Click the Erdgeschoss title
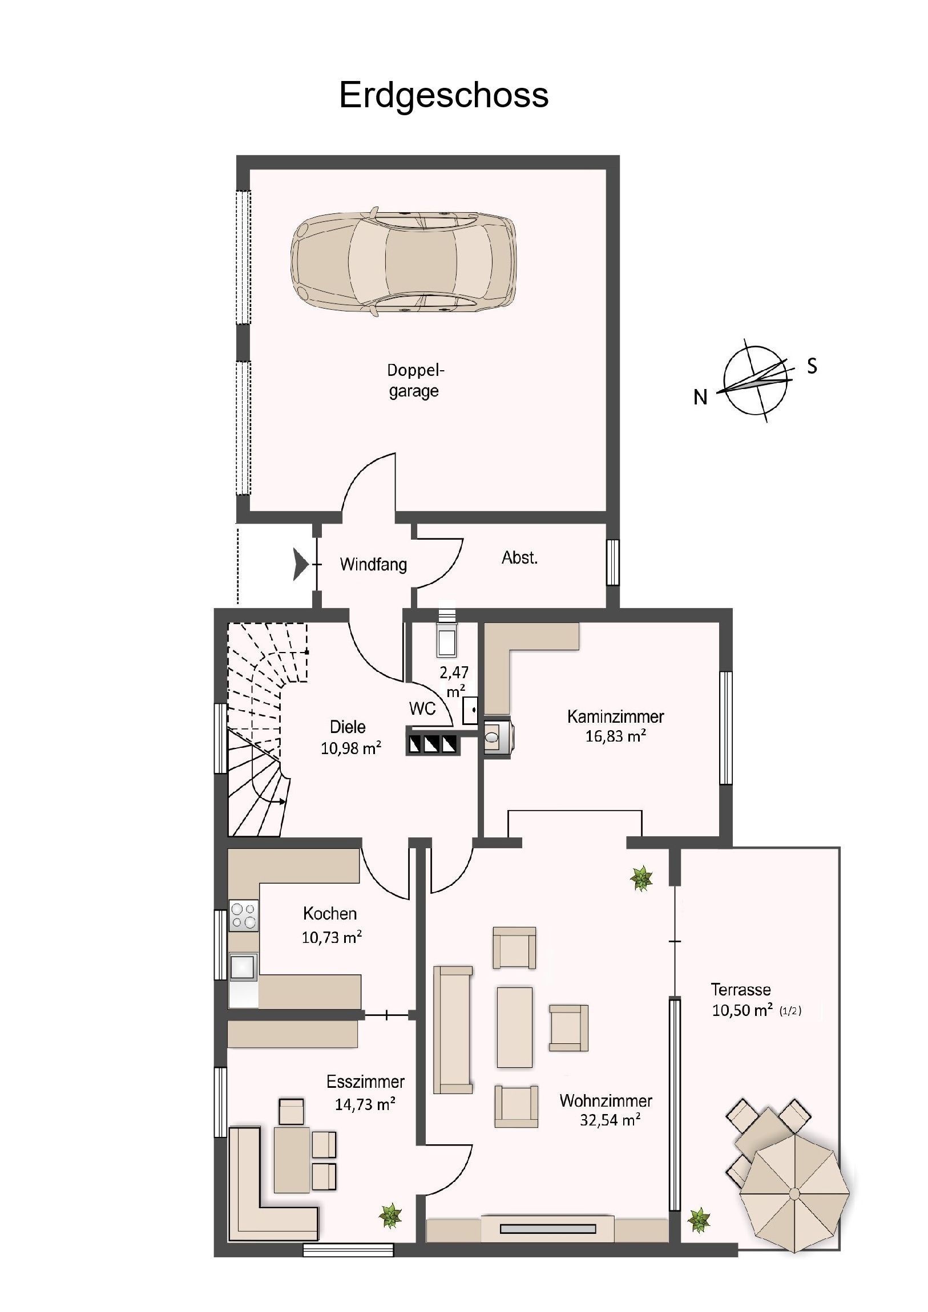(x=443, y=95)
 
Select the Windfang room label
(x=373, y=565)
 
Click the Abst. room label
(x=520, y=558)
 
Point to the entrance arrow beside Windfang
(x=301, y=564)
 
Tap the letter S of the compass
(x=812, y=366)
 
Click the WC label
(x=422, y=708)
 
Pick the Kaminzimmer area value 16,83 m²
(x=615, y=736)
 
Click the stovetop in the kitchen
(x=244, y=915)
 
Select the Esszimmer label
(x=365, y=1082)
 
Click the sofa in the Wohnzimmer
(x=453, y=1030)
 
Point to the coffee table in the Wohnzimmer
(x=515, y=1027)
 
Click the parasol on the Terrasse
(x=795, y=1193)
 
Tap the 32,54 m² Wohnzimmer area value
(x=610, y=1120)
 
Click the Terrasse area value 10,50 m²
(x=742, y=1010)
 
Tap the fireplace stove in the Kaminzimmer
(x=498, y=736)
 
